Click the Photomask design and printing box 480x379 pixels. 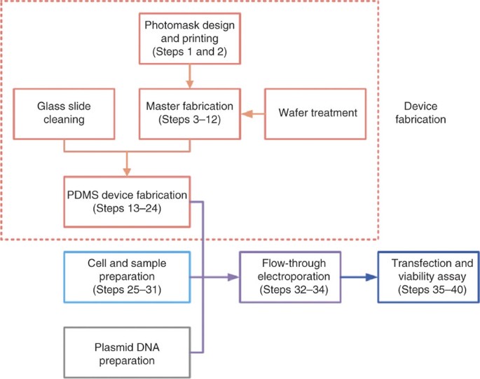(x=190, y=39)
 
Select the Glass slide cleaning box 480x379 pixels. (x=64, y=114)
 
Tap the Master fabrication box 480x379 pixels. (x=190, y=114)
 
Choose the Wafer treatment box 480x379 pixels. (x=315, y=114)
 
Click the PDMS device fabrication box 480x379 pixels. (x=127, y=202)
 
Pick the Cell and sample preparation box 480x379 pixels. (x=127, y=277)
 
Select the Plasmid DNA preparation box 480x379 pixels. (x=127, y=352)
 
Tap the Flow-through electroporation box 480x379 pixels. (x=290, y=277)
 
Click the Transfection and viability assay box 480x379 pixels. (x=429, y=277)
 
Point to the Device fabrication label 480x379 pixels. (x=420, y=113)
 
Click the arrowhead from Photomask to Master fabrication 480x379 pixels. (x=190, y=84)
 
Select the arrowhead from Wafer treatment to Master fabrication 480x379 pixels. (x=247, y=114)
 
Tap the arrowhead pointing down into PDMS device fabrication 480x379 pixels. (x=127, y=172)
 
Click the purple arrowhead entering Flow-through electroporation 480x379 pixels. (x=233, y=277)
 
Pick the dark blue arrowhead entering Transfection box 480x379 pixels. (x=371, y=277)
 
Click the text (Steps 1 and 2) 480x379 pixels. (x=190, y=52)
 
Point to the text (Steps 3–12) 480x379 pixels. (x=190, y=119)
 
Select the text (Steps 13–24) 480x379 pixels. (x=127, y=209)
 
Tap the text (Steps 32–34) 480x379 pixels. (x=294, y=289)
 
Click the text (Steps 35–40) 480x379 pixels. (x=432, y=289)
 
